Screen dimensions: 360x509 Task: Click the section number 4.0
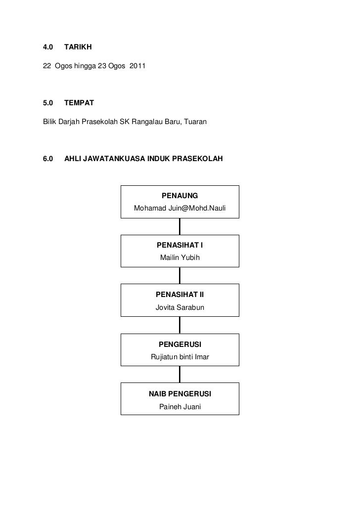(48, 47)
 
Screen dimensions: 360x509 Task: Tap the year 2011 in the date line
(137, 66)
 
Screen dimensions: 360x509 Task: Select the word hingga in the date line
(86, 66)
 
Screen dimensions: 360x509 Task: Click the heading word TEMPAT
(78, 103)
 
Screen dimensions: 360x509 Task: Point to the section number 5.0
(48, 103)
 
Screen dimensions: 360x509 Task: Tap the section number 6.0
(48, 159)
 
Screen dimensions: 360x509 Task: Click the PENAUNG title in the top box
(180, 196)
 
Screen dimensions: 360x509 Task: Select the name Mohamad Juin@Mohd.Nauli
(180, 209)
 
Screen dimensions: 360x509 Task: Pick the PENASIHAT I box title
(180, 245)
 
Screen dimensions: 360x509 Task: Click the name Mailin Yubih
(180, 258)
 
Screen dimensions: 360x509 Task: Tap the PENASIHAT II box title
(180, 295)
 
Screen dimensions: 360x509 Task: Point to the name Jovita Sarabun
(180, 307)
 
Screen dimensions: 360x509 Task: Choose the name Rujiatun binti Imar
(180, 357)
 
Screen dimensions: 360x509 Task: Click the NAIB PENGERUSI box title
(180, 394)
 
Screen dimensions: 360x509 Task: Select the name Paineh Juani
(180, 407)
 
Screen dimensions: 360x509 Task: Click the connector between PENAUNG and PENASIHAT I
(180, 226)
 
